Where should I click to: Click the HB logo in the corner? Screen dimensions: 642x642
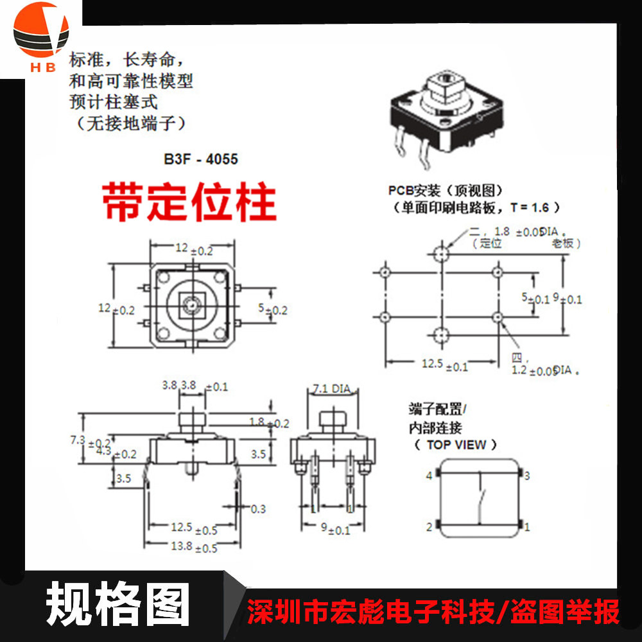pos(40,37)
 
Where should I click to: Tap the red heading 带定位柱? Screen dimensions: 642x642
pos(189,202)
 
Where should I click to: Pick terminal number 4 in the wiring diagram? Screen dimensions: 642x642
pos(429,476)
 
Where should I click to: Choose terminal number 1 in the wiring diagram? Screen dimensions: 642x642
pos(527,527)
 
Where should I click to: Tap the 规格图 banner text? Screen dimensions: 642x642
pos(118,604)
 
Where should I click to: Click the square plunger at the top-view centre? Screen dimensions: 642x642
pos(189,300)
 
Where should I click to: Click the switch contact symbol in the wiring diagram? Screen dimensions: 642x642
pos(480,501)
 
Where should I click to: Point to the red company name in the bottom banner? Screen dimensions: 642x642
pos(434,612)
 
